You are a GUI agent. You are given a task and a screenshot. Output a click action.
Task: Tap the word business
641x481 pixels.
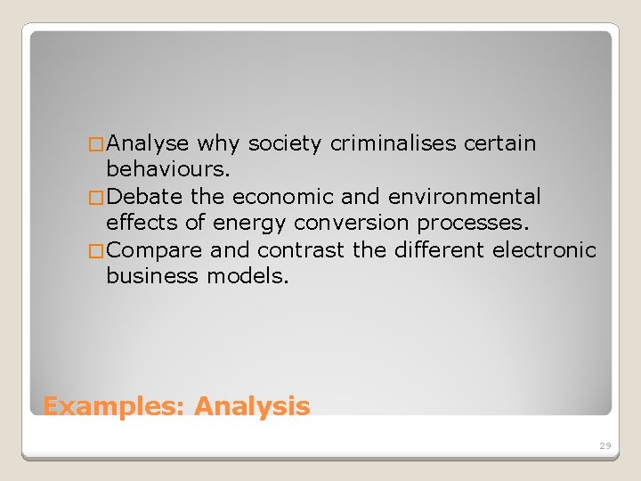[x=152, y=276]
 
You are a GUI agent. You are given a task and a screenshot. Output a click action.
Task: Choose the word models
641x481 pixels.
[x=248, y=276]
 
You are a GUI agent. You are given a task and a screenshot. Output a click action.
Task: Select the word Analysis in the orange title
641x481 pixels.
[x=252, y=407]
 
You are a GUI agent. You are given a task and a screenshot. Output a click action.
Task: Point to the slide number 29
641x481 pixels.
[x=605, y=444]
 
